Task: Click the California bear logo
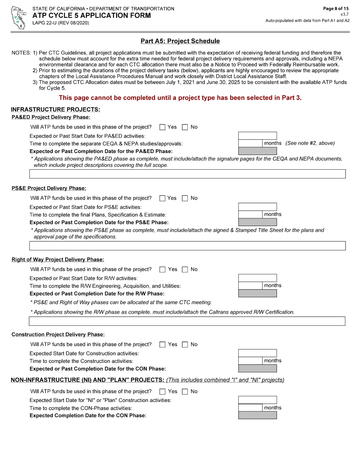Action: pos(18,17)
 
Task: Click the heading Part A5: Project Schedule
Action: pos(180,41)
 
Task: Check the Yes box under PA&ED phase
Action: pos(163,127)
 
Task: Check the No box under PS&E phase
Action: pos(185,198)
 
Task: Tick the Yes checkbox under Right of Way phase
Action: pos(163,269)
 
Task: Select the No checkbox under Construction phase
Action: pos(185,344)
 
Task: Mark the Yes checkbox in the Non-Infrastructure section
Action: pos(163,391)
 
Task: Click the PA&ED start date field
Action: pos(257,136)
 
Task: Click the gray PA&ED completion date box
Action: pos(257,151)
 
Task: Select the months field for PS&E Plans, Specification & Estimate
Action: pos(250,214)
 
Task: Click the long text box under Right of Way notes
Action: pos(187,321)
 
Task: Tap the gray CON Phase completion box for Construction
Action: pos(257,368)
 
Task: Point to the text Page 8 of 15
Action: pos(335,8)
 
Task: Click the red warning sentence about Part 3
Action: pos(180,98)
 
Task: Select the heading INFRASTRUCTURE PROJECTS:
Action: pos(55,109)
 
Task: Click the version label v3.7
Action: pos(344,14)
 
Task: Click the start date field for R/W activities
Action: pos(257,278)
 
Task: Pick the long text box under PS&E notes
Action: pos(187,246)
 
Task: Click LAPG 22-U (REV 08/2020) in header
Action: pos(61,23)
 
